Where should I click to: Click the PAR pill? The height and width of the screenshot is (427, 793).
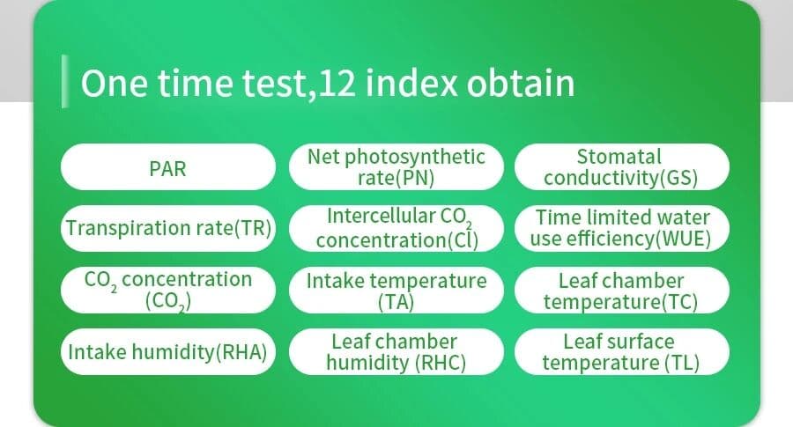(x=168, y=166)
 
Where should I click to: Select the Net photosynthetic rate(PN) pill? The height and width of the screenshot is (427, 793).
(x=396, y=166)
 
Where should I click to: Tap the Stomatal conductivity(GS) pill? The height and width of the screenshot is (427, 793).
(x=621, y=166)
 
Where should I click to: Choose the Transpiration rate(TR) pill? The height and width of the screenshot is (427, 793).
(x=168, y=228)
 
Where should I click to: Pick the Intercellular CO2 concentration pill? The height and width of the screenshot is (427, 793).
(x=396, y=228)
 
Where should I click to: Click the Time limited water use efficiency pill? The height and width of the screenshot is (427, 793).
(x=621, y=228)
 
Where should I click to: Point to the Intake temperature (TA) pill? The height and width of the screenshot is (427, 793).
(x=396, y=290)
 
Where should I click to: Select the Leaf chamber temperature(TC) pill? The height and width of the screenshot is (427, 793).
(x=621, y=290)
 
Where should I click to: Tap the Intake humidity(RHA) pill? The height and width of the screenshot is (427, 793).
(x=168, y=351)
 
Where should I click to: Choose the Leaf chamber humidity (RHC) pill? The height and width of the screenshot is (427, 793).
(x=396, y=351)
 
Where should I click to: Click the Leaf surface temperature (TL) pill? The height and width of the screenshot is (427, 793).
(x=621, y=351)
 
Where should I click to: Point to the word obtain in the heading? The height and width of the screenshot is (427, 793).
(x=521, y=83)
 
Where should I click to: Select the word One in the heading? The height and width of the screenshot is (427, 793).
(x=115, y=84)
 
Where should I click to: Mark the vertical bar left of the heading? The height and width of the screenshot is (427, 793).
(x=64, y=81)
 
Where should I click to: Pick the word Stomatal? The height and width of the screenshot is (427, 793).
(x=619, y=157)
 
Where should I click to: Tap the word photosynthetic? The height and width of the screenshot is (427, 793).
(x=415, y=158)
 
